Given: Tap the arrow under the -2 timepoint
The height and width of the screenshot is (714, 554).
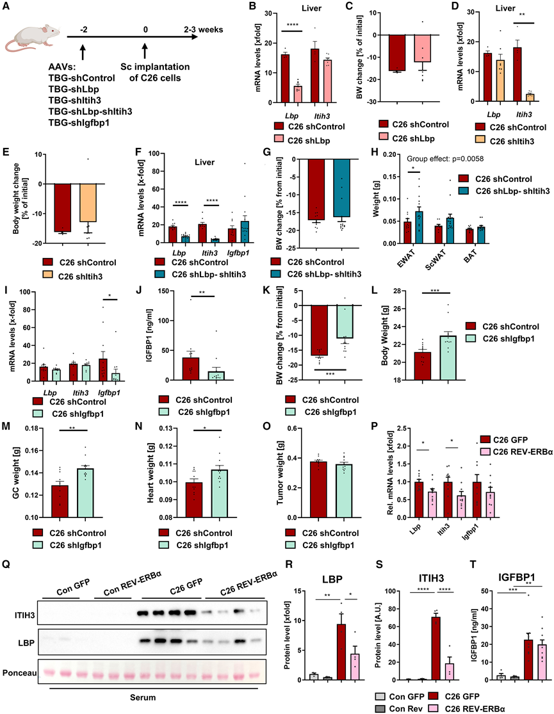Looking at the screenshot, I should pyautogui.click(x=84, y=49).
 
